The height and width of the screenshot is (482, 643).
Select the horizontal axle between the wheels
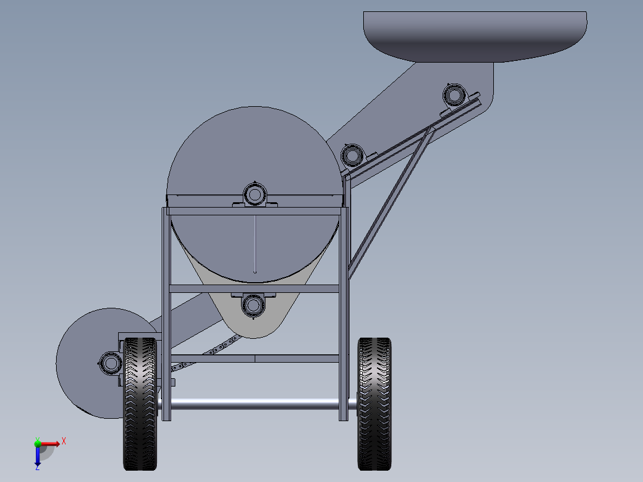tap(256, 404)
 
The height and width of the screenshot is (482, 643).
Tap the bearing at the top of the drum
tap(255, 194)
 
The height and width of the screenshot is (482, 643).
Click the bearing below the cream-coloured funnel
tap(253, 305)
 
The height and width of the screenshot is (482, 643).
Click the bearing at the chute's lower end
tap(353, 155)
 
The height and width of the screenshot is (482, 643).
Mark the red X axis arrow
tap(50, 443)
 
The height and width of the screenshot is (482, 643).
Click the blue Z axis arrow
tap(37, 456)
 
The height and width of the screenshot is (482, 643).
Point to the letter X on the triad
tap(64, 441)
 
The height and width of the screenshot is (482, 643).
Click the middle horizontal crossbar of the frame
tap(255, 289)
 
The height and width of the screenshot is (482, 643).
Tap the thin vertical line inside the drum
tap(255, 245)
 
